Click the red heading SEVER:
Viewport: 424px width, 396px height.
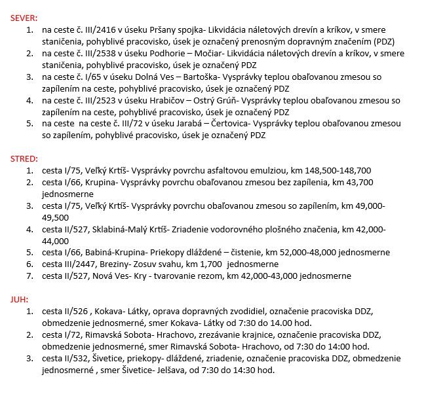[24, 18]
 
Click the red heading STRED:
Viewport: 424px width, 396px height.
[24, 158]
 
